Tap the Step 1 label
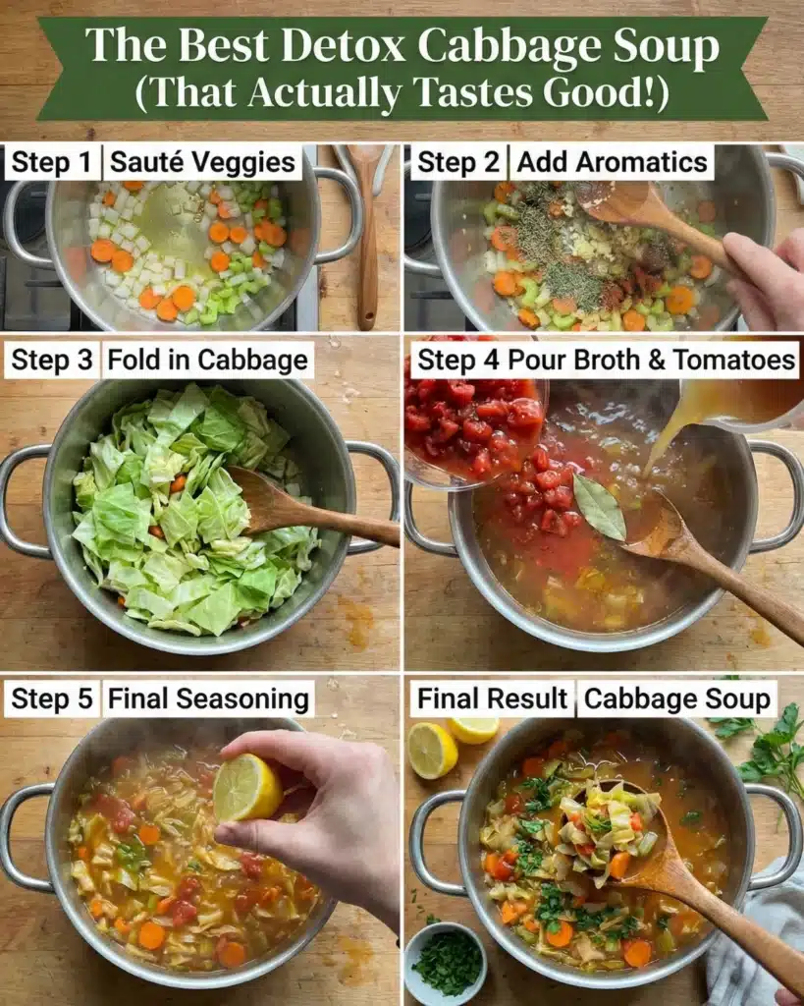coord(52,162)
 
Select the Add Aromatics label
coord(612,162)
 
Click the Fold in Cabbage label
coord(208,361)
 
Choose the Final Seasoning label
coord(208,699)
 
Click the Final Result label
coord(492,699)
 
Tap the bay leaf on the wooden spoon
coord(600,507)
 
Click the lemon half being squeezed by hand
coord(246,787)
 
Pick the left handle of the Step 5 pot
coord(27,837)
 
